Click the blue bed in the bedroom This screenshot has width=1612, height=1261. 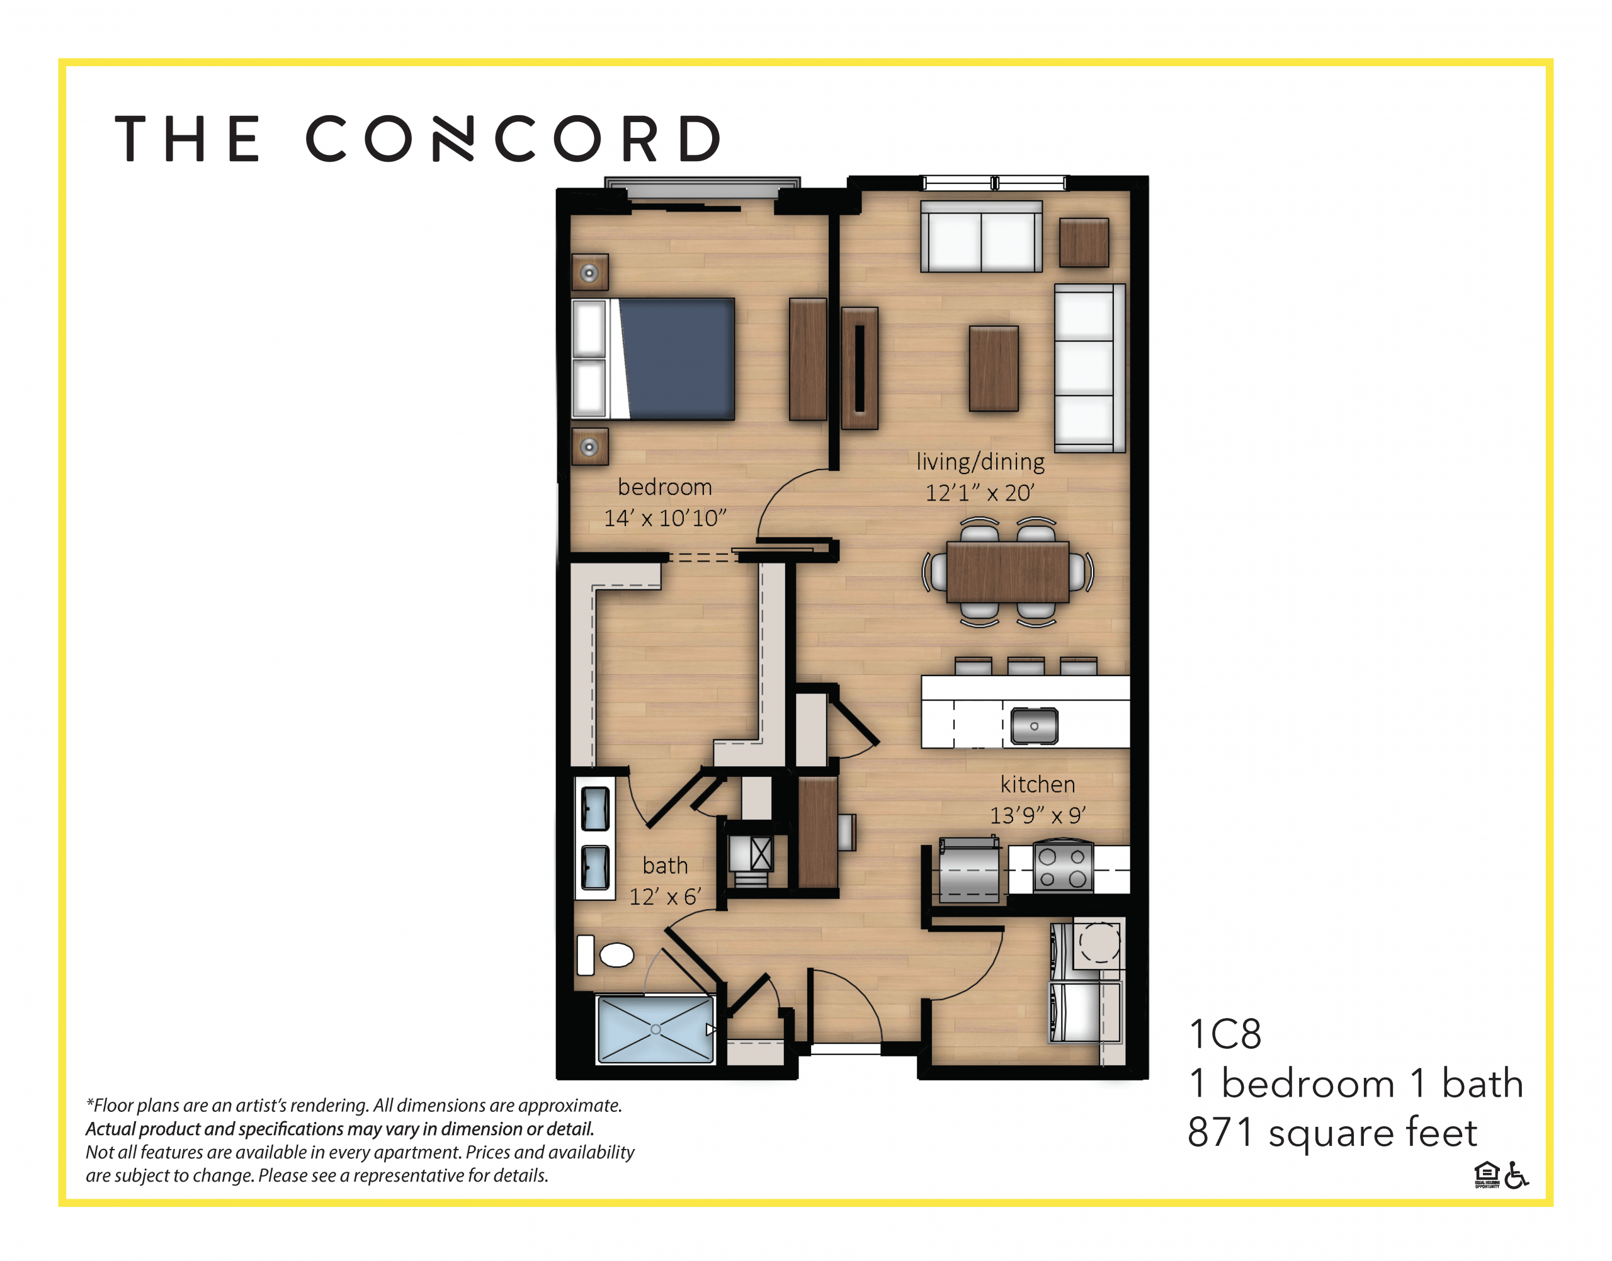[676, 359]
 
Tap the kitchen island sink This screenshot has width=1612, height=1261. [1034, 726]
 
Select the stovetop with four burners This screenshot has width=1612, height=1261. [1063, 868]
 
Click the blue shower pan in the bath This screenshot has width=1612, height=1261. [656, 1029]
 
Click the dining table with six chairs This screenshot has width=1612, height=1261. [1007, 572]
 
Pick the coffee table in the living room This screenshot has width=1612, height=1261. [993, 368]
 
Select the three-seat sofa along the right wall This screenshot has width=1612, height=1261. [1087, 368]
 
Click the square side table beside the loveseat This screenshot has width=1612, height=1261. [1083, 242]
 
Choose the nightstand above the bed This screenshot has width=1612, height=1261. [589, 273]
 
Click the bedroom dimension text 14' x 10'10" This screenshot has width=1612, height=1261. [664, 518]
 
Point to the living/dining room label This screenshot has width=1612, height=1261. [980, 462]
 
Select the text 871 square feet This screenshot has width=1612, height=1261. [1331, 1133]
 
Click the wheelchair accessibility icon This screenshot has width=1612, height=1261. [1516, 1175]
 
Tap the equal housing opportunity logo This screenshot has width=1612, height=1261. [1487, 1175]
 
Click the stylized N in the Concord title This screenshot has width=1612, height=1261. [453, 138]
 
